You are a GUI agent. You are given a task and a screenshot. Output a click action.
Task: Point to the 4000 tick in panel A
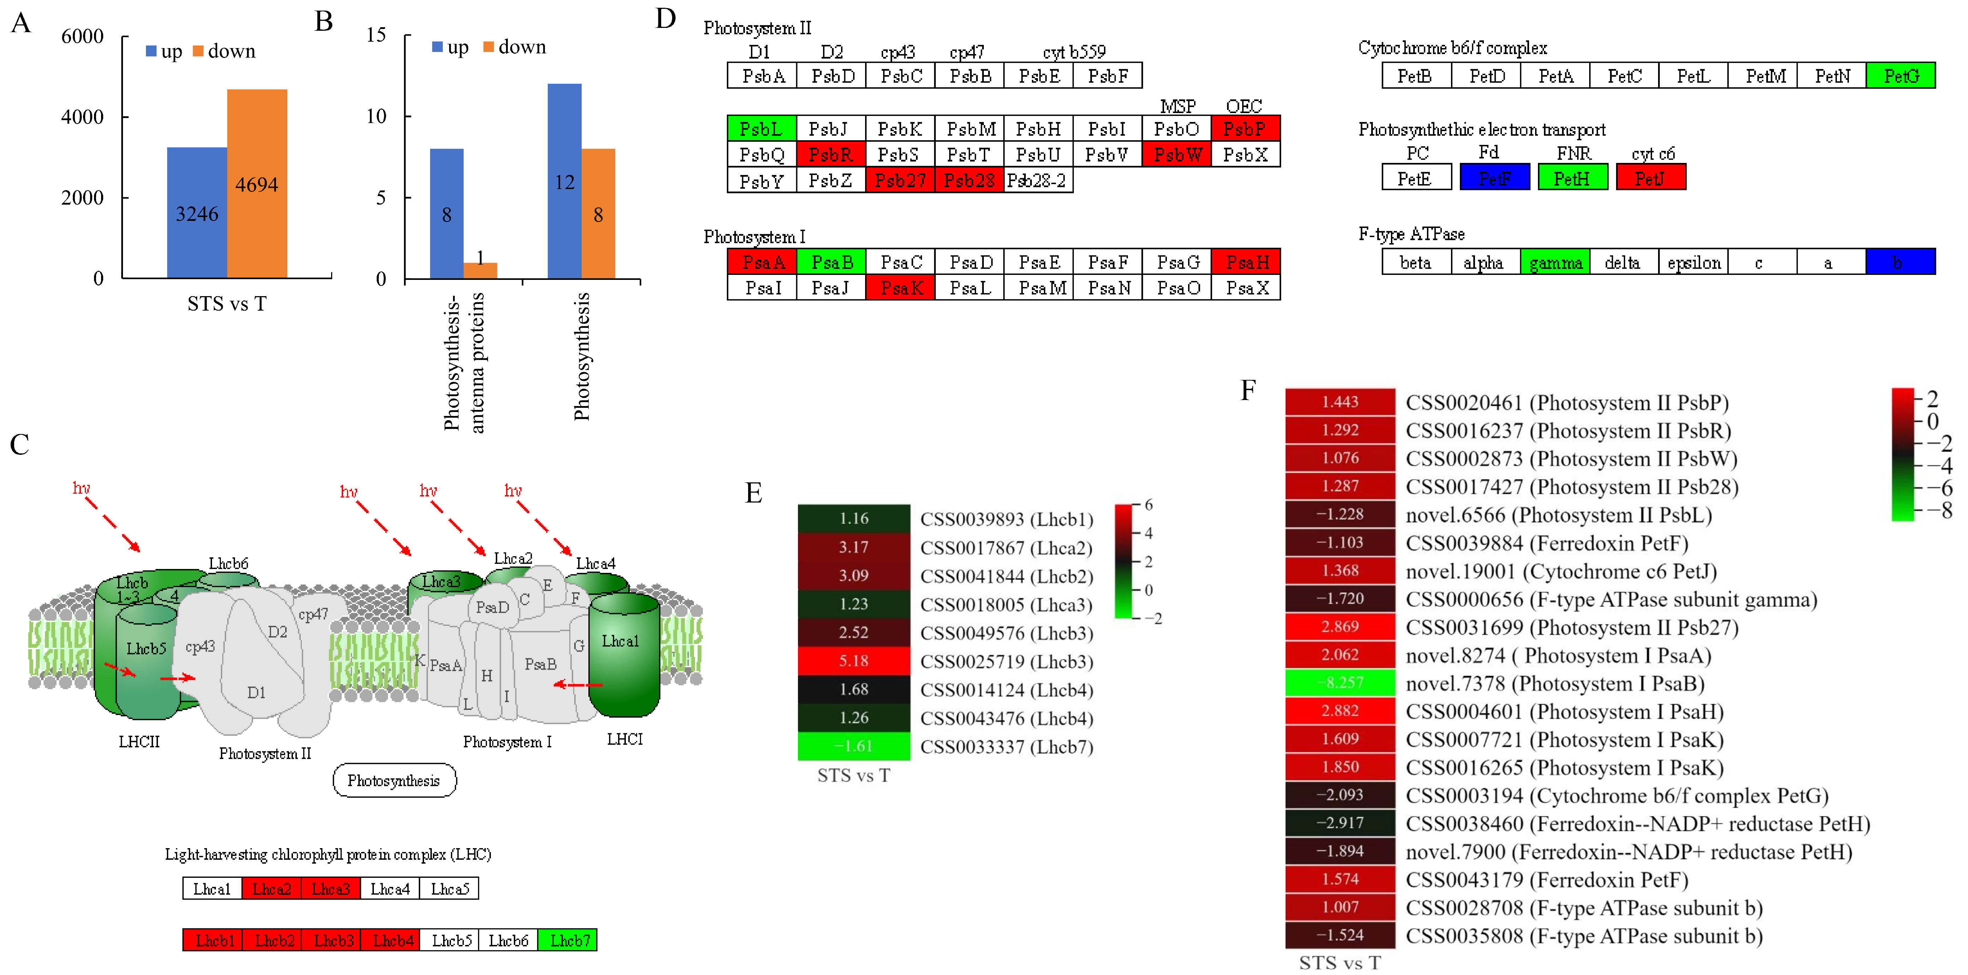(x=82, y=117)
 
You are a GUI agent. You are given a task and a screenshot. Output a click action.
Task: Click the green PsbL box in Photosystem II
(x=761, y=128)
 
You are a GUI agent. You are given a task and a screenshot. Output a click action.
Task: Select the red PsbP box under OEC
(x=1245, y=128)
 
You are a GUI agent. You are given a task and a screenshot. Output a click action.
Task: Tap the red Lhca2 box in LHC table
(x=271, y=889)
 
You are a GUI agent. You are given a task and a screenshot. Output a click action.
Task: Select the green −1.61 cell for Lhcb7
(x=853, y=746)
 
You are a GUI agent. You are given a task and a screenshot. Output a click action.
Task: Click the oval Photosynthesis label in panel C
(x=394, y=780)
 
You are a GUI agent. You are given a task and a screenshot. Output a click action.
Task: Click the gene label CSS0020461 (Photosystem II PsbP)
(x=1566, y=403)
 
